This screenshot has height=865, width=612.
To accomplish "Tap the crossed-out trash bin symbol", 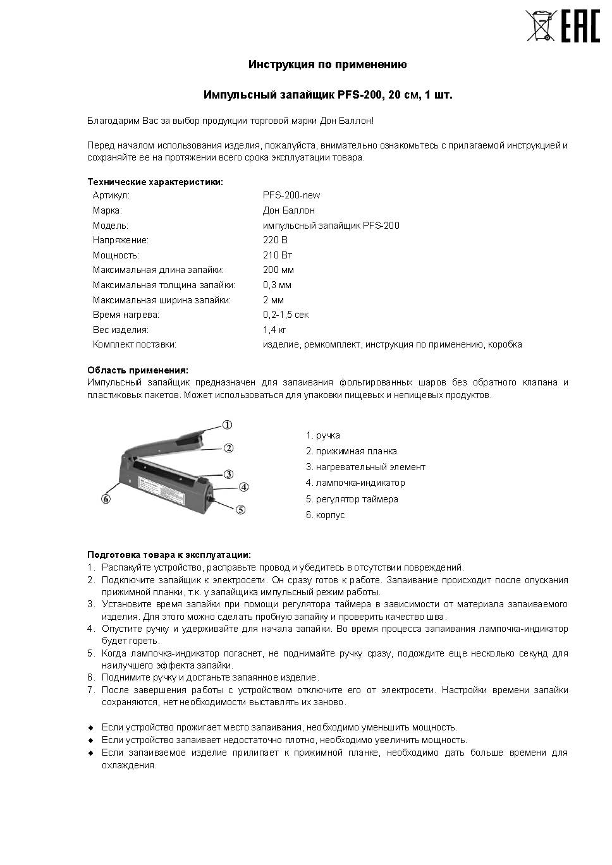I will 539,26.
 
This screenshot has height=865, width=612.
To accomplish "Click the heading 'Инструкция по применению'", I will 327,64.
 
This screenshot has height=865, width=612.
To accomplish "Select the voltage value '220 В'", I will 275,240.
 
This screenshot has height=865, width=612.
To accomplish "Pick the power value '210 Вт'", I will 277,255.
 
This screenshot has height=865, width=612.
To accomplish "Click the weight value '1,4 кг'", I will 274,330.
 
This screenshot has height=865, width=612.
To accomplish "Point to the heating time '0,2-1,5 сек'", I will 285,315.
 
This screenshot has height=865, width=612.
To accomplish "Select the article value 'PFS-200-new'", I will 291,195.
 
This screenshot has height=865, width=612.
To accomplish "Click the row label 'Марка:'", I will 107,210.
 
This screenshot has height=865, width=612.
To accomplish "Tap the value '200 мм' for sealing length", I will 278,270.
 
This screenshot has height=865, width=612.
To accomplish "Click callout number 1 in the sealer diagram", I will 227,425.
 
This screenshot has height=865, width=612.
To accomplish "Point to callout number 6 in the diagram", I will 106,499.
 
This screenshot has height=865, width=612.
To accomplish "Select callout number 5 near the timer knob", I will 240,509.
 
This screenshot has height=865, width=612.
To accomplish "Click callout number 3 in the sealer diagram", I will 228,474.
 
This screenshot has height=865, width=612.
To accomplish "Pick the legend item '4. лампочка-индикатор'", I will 355,483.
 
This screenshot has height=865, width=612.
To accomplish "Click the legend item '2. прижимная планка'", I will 351,451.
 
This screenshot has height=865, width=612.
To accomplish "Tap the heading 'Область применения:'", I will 137,370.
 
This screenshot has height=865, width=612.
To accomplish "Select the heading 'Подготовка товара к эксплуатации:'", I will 169,555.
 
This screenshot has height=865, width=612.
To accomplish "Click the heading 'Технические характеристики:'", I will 155,182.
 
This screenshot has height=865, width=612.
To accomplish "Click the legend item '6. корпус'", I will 325,515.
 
